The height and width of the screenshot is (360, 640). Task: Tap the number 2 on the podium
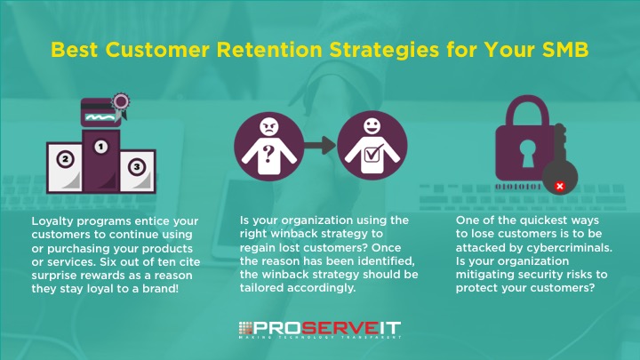tap(64, 161)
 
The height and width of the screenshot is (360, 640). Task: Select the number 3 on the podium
tap(135, 166)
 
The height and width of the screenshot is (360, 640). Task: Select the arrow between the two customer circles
tap(320, 143)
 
